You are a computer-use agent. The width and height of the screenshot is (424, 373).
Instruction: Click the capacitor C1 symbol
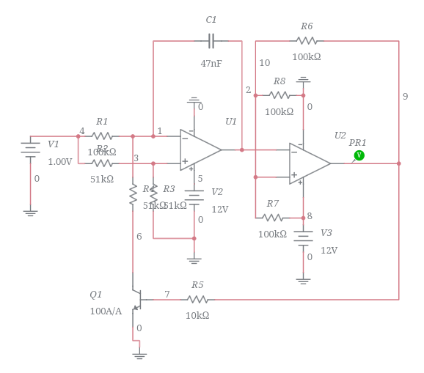(x=211, y=41)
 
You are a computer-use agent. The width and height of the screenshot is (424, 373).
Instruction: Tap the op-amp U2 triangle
(x=309, y=163)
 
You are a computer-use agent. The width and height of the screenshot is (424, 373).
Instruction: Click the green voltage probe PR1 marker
(x=359, y=155)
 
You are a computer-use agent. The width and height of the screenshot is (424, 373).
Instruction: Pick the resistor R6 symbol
(x=307, y=41)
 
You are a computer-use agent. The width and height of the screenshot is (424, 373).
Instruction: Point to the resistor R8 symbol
(x=279, y=95)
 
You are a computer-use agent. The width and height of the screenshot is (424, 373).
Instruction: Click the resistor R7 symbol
(x=273, y=218)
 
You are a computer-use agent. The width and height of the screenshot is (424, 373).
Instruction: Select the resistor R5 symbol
(x=197, y=300)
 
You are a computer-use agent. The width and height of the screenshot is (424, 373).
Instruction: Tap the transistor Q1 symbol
(x=136, y=299)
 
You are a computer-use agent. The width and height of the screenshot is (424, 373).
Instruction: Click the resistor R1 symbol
(x=102, y=136)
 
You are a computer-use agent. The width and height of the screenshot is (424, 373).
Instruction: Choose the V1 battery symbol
(x=30, y=149)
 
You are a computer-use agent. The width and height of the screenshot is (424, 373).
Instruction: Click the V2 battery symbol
(x=194, y=199)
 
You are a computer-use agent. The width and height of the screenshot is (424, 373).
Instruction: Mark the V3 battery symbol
(x=303, y=237)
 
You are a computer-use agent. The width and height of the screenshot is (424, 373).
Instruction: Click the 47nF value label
(x=211, y=64)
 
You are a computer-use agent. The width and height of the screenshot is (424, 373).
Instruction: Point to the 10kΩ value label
(x=197, y=316)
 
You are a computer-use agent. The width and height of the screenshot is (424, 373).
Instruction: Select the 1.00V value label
(x=60, y=162)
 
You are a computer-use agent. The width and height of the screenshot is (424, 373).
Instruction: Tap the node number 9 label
(x=405, y=97)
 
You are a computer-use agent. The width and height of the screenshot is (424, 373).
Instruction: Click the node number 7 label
(x=167, y=295)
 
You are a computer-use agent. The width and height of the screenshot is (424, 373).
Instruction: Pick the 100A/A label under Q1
(x=106, y=311)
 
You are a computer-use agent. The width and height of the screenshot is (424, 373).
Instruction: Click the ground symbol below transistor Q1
(x=139, y=355)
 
